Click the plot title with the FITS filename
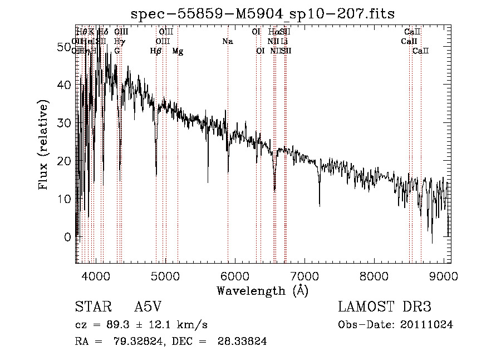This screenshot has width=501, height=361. click(262, 13)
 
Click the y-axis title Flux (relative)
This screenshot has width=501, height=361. click(43, 145)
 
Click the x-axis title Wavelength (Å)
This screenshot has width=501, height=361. click(262, 290)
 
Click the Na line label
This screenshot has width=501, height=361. click(227, 42)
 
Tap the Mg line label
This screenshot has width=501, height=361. click(178, 51)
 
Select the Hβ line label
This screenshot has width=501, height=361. click(156, 51)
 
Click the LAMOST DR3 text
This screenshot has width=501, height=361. click(384, 307)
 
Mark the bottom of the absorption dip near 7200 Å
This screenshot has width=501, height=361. click(320, 205)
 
